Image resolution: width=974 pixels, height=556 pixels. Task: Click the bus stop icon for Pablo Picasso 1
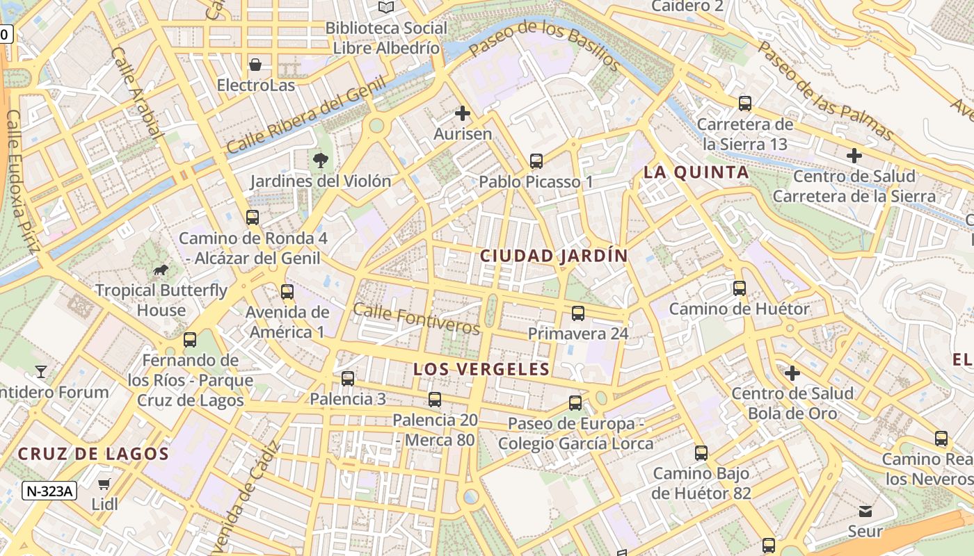(x=536, y=161)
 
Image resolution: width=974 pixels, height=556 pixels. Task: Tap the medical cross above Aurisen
(x=462, y=113)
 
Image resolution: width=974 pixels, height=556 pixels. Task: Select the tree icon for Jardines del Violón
(x=321, y=161)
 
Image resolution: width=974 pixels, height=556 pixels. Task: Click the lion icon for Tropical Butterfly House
(x=161, y=270)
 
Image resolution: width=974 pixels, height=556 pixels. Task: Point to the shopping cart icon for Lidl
(x=104, y=484)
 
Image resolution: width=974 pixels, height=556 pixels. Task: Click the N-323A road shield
(x=49, y=491)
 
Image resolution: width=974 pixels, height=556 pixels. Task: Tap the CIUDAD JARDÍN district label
(x=554, y=256)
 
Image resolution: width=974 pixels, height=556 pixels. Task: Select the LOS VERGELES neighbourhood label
(x=481, y=369)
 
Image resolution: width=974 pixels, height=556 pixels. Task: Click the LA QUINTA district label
(x=696, y=172)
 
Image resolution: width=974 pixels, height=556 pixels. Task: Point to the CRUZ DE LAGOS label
(x=93, y=455)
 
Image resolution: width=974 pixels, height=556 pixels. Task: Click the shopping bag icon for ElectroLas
(x=255, y=65)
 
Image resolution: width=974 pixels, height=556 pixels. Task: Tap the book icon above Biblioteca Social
(x=386, y=7)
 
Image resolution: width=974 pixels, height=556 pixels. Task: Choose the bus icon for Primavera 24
(x=577, y=313)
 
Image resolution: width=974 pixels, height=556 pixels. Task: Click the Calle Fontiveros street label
(x=416, y=318)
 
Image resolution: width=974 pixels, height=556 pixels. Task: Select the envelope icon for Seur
(x=865, y=512)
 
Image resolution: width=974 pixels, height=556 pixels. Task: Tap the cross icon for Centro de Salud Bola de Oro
(x=792, y=374)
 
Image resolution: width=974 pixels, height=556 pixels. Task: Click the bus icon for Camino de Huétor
(x=739, y=288)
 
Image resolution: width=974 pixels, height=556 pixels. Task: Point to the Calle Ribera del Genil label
(x=306, y=115)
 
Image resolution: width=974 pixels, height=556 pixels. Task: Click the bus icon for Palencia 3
(x=347, y=379)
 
